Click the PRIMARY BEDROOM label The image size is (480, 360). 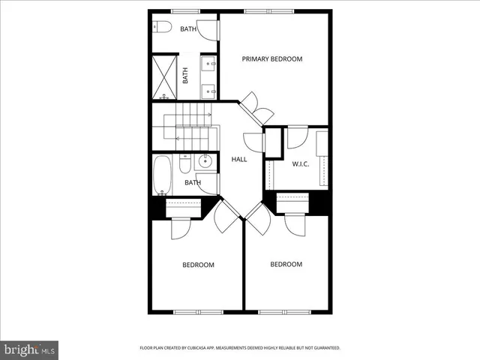tap(271, 58)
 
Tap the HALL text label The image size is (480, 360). tap(239, 159)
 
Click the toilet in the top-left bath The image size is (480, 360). tap(163, 28)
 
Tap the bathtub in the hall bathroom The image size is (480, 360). tap(163, 175)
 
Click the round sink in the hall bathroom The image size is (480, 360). tap(206, 160)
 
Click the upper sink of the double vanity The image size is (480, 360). tap(208, 62)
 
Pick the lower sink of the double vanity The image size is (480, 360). tap(208, 91)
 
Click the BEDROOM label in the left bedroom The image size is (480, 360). tap(199, 265)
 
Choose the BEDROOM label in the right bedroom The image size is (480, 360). tap(286, 264)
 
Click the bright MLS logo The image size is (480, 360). tap(29, 349)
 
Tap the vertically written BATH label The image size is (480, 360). tap(185, 76)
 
